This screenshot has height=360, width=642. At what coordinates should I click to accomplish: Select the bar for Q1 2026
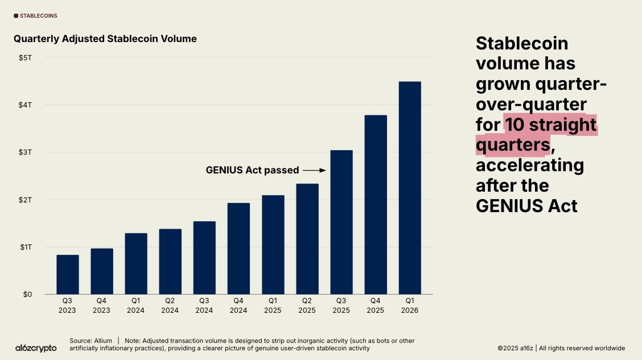(x=410, y=188)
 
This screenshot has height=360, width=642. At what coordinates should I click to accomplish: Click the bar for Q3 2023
(x=68, y=274)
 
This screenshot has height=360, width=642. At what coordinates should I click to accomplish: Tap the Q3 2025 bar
(x=341, y=222)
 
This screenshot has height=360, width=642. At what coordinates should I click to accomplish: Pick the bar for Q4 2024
(x=238, y=249)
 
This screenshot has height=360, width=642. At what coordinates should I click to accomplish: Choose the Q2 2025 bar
(x=307, y=239)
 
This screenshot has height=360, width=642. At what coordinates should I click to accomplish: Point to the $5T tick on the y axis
(x=25, y=57)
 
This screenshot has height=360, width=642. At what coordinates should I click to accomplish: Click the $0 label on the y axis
(x=27, y=295)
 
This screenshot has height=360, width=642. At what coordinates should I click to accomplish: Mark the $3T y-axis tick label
(x=25, y=152)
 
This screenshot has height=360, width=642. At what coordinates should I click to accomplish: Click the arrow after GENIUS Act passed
(x=314, y=170)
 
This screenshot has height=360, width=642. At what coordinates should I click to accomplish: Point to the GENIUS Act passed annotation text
(x=252, y=170)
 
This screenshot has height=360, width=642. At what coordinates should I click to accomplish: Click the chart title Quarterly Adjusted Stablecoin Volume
(x=105, y=39)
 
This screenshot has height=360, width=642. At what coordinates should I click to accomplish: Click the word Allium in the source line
(x=102, y=341)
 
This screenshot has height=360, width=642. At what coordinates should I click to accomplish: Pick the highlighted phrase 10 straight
(x=550, y=125)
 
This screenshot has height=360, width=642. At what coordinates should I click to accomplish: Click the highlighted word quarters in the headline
(x=513, y=145)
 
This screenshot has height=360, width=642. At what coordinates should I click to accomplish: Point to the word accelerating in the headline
(x=530, y=165)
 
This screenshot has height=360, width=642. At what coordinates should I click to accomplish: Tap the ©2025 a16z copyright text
(x=516, y=348)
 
